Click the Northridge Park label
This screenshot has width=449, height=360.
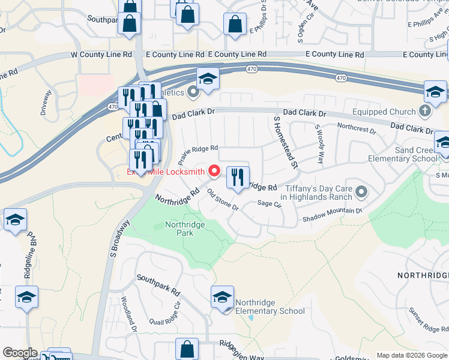185,229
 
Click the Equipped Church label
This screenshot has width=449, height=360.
384,112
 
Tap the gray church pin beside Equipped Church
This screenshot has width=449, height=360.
424,111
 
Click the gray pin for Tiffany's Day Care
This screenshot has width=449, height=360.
361,192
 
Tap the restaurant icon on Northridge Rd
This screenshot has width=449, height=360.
238,178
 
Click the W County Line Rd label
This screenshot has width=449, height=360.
101,55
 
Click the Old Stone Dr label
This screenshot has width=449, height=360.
223,200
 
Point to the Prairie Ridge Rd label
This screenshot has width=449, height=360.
197,154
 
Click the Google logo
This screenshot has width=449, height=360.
19,353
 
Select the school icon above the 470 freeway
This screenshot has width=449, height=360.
208,80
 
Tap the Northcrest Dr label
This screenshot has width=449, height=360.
356,128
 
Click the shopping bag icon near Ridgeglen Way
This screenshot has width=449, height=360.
187,349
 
